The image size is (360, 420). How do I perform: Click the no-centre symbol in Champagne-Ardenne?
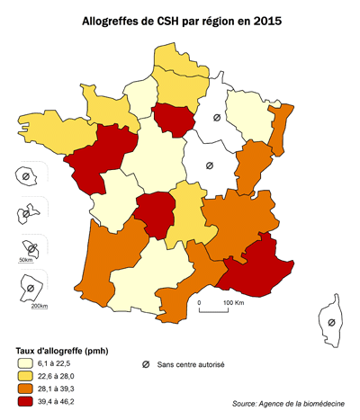tap(216, 118)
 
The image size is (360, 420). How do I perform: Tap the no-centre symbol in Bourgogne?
tap(209, 165)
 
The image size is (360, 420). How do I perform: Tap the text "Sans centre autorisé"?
tap(191, 364)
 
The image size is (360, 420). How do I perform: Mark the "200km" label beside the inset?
tap(39, 306)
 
